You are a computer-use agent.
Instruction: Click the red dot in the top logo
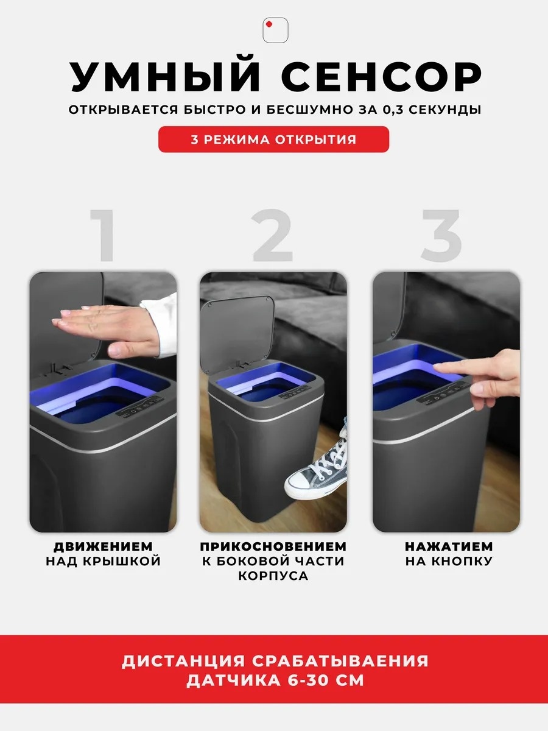coord(269,24)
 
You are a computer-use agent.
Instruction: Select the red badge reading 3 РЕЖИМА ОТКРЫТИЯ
coord(273,139)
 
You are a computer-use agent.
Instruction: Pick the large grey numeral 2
coord(272,235)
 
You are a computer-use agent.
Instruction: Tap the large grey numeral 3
coord(441,235)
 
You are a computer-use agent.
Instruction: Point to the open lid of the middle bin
coord(237,334)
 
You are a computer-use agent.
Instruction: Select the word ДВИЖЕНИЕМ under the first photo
coord(103,546)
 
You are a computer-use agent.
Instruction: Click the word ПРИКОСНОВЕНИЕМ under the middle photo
coord(273,546)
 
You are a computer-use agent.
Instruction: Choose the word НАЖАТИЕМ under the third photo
coord(449,546)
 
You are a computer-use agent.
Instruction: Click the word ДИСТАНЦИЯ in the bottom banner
coord(183,662)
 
